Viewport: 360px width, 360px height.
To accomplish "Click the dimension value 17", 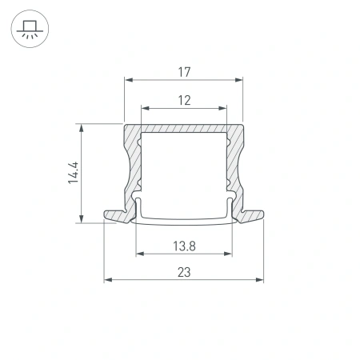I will [x=183, y=72].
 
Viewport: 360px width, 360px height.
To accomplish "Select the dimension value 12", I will [x=183, y=100].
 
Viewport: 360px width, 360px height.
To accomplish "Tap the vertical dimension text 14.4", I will [x=73, y=173].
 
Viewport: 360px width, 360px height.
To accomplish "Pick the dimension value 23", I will [x=184, y=272].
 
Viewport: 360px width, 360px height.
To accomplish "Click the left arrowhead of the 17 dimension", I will [x=128, y=80].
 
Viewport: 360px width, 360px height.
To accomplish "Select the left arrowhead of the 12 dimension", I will [x=144, y=108].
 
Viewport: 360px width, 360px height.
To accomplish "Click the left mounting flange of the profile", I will [x=114, y=216].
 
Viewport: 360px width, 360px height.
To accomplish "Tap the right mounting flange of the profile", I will [x=253, y=216].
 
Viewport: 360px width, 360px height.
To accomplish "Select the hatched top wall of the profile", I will [x=183, y=130].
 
